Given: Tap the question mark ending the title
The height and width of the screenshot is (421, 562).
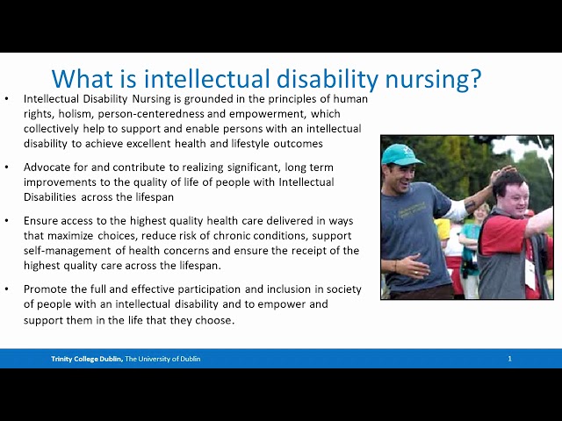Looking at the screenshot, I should tap(474, 79).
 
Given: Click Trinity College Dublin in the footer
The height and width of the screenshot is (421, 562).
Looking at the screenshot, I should tap(86, 359).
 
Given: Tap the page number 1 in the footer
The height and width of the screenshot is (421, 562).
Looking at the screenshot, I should tap(509, 359).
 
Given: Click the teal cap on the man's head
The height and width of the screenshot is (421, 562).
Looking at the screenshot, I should tap(400, 154).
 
